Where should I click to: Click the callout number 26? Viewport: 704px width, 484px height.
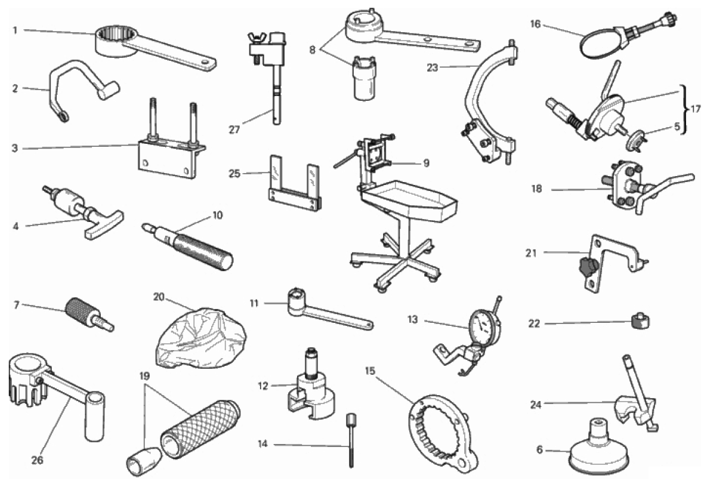[37, 460]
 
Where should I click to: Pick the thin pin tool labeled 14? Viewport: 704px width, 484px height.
[350, 440]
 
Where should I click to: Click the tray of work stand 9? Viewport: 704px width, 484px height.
[409, 199]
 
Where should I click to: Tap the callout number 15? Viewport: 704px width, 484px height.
[369, 371]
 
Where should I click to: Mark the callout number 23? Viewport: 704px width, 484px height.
[432, 68]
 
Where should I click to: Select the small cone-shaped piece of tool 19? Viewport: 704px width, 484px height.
[141, 460]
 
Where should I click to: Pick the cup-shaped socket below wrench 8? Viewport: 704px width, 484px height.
[365, 78]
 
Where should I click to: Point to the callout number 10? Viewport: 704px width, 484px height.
[217, 215]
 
